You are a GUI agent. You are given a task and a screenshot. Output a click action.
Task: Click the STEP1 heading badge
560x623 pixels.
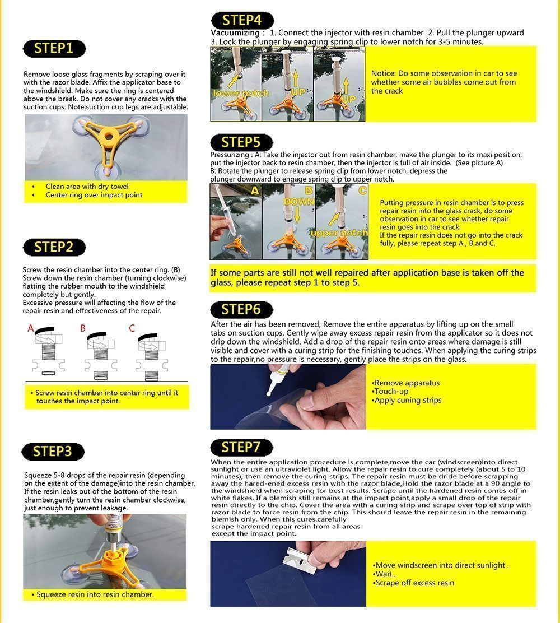click(x=54, y=48)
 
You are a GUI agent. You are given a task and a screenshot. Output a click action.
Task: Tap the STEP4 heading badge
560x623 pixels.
click(x=241, y=20)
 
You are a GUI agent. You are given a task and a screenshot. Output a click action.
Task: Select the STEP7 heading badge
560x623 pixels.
click(x=241, y=447)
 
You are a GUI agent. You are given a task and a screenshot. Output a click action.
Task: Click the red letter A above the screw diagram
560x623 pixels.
click(x=31, y=328)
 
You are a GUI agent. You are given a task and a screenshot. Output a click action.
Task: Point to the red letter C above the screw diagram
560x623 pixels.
click(x=132, y=328)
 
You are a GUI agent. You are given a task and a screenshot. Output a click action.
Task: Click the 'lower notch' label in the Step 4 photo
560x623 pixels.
click(x=241, y=93)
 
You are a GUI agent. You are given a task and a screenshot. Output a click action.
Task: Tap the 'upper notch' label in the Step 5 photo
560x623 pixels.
click(x=339, y=233)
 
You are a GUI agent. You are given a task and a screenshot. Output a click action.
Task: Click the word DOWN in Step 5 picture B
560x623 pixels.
click(x=298, y=201)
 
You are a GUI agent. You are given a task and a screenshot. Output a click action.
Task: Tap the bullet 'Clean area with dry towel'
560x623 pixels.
click(x=87, y=186)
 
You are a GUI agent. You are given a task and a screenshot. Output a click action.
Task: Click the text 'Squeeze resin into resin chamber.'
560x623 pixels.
click(x=95, y=594)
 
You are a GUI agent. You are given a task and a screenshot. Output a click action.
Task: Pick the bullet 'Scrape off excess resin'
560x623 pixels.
click(x=415, y=583)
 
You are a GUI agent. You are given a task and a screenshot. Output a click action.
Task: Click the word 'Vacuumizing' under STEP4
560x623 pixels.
click(x=234, y=32)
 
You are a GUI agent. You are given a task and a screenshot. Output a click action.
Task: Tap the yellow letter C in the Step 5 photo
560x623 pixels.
click(x=362, y=190)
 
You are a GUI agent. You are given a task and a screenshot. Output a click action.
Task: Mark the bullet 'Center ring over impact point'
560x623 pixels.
click(x=94, y=195)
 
